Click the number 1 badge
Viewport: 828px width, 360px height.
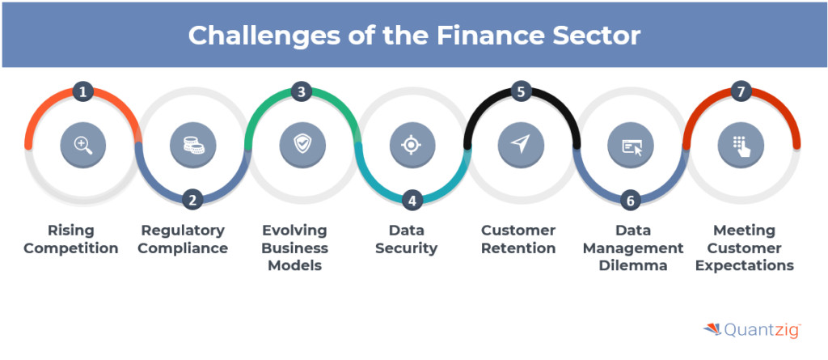82,92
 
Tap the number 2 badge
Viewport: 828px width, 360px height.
192,200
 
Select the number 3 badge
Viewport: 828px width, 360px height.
302,92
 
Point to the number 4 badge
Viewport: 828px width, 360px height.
412,201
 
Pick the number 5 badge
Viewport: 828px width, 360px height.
522,92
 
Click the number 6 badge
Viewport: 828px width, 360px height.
631,200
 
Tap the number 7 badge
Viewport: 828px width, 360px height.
741,92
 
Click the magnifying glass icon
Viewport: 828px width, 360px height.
83,145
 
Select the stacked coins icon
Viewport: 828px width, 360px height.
193,146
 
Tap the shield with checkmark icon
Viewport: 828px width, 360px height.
302,144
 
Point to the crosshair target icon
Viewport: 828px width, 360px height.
412,146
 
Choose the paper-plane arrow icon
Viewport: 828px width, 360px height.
520,144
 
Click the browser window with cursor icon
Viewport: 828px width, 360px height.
632,146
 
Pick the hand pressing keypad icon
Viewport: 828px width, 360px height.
742,146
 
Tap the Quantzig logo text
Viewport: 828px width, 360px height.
763,330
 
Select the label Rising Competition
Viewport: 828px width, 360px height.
71,239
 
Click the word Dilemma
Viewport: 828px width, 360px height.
632,265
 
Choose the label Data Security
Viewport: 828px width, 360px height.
406,239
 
